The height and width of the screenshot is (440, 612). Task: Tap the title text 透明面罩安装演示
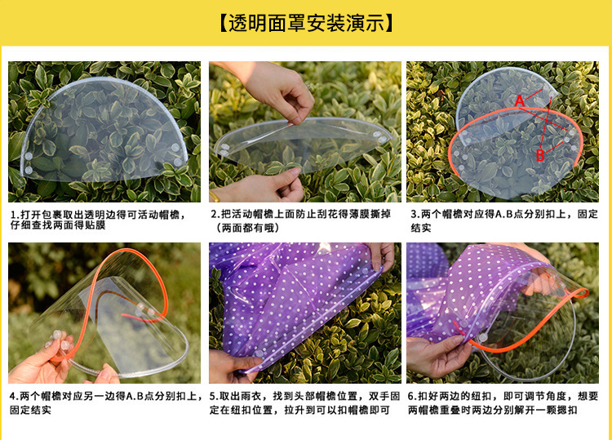click(x=306, y=21)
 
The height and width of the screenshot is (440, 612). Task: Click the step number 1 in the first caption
click(x=14, y=216)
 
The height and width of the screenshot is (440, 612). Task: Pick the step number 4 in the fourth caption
click(x=14, y=396)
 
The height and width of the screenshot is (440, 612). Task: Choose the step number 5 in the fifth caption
click(x=214, y=396)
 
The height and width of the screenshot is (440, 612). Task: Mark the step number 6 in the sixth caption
click(x=412, y=396)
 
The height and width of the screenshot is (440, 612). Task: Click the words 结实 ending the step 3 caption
click(x=420, y=228)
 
